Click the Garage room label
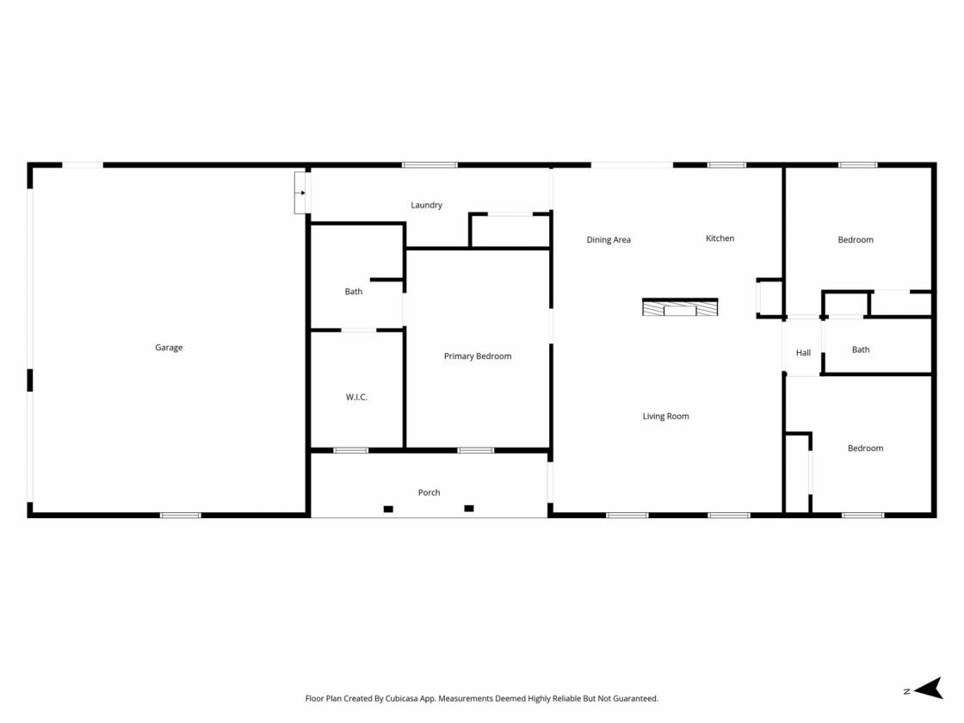coord(169,348)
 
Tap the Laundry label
coord(427,206)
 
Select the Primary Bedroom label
coord(478,356)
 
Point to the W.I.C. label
coord(356,397)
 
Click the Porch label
coord(429,492)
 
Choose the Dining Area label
coord(609,240)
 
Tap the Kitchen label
coord(720,238)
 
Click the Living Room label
coord(666,417)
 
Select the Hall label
coord(804,353)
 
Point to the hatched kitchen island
coord(680,306)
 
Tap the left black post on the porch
coord(388,509)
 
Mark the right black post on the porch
coord(469,509)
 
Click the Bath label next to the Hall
coord(861,349)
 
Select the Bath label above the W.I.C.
coord(354,292)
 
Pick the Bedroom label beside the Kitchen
coord(856,240)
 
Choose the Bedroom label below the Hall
coord(866,448)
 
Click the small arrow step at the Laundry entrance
coord(302,193)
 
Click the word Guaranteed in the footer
coord(636,698)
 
